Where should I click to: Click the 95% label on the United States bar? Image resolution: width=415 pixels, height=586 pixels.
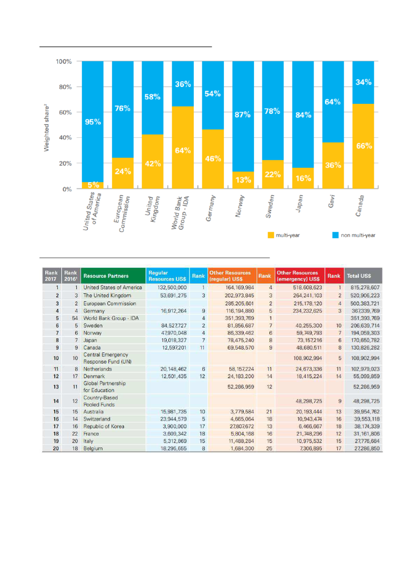[92, 122]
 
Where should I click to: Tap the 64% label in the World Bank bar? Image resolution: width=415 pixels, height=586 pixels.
[183, 150]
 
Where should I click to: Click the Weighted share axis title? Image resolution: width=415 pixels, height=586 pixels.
[46, 125]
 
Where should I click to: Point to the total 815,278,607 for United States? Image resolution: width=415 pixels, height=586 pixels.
[363, 288]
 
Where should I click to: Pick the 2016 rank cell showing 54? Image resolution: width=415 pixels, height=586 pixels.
[72, 318]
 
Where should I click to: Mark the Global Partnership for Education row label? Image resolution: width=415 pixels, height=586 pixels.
[104, 386]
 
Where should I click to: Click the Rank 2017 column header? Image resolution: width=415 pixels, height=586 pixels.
[51, 276]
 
